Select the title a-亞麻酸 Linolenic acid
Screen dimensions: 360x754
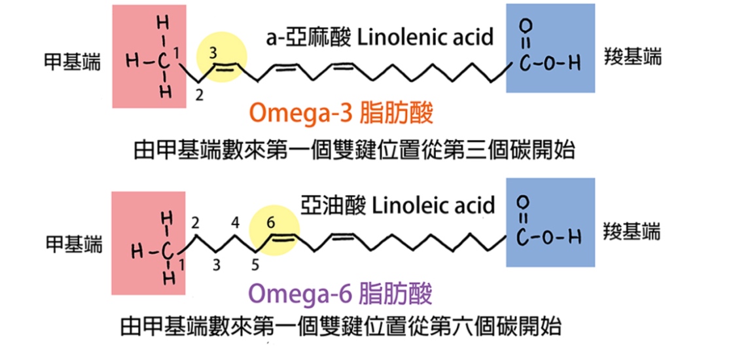379,37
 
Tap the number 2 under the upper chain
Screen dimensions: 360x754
200,96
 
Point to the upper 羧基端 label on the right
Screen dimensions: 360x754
632,56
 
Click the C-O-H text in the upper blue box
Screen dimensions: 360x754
550,65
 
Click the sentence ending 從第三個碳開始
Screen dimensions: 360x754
353,151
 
